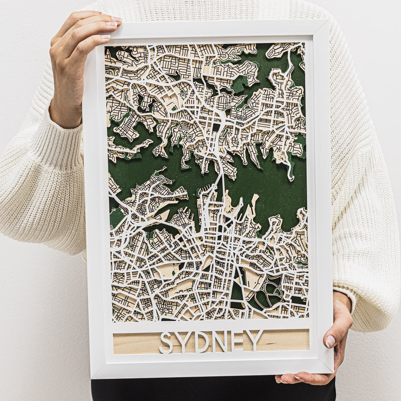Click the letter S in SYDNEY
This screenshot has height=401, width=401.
[166, 342]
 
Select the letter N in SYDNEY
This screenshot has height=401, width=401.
[220, 341]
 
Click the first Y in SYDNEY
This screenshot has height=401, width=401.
[184, 342]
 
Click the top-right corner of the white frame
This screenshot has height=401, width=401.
[328, 21]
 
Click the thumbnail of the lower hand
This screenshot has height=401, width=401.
[330, 341]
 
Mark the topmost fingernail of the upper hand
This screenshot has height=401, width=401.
[116, 19]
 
